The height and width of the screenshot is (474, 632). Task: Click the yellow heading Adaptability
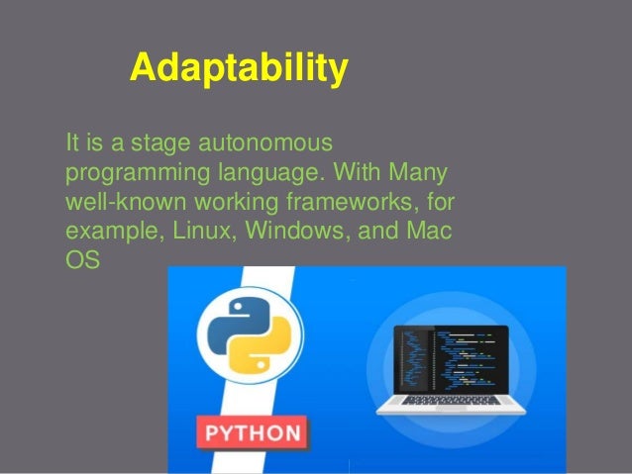(239, 69)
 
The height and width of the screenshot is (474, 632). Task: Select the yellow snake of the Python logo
(261, 353)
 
